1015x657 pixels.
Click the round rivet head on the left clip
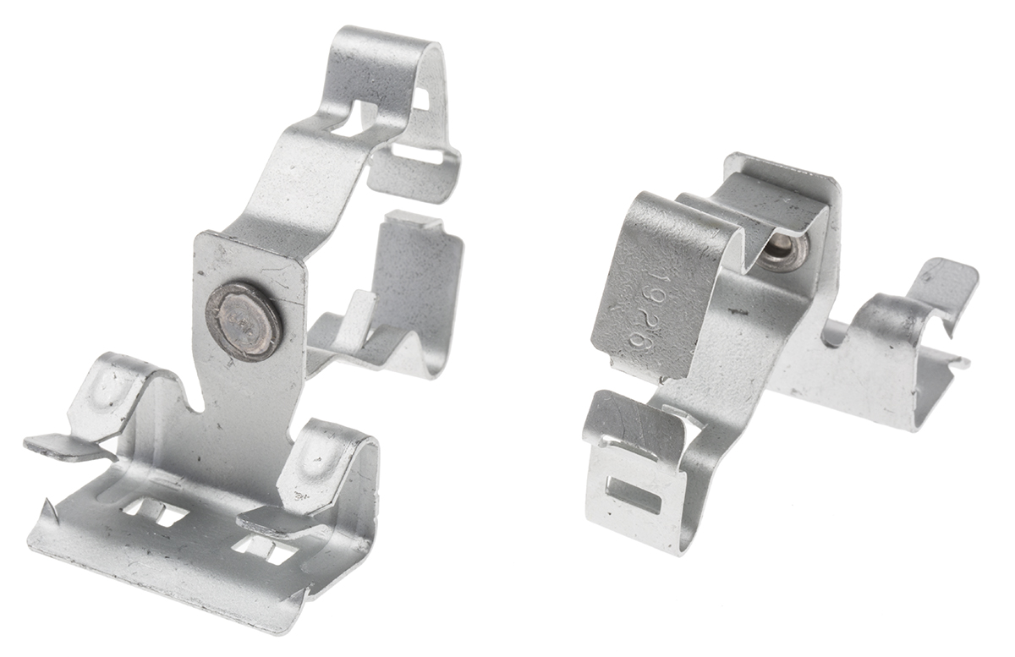tap(244, 320)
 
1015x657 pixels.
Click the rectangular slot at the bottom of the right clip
tap(634, 495)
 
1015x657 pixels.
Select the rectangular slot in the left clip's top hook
tap(418, 156)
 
